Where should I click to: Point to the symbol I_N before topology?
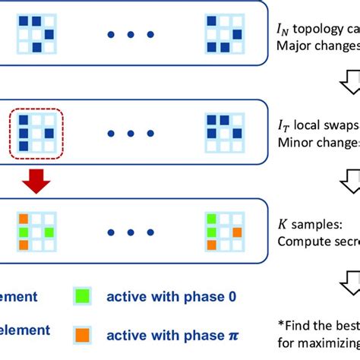pos(286,30)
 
